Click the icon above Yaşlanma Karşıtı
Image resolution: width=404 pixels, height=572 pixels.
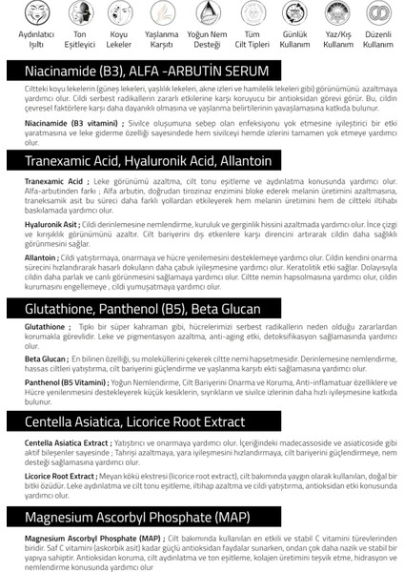[x=160, y=17]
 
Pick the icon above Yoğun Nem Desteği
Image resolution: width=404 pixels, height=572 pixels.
[x=202, y=17]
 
